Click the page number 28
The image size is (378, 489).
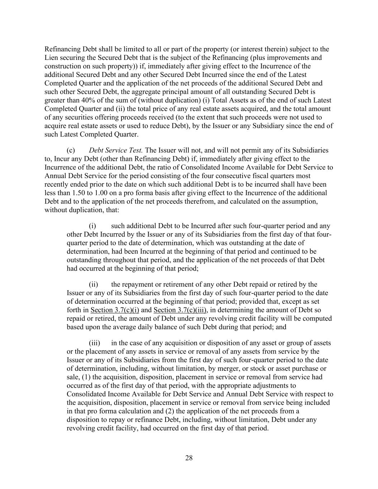click(x=189, y=458)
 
